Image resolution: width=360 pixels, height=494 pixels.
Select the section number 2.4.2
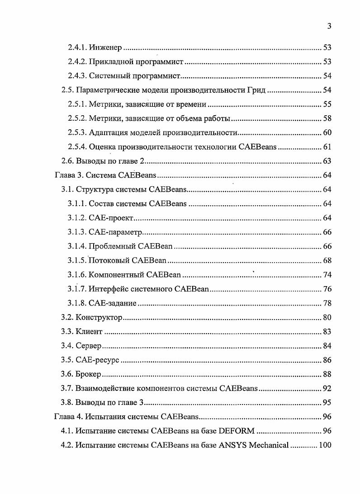pos(77,61)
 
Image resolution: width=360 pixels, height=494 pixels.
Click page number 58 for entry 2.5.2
pos(327,118)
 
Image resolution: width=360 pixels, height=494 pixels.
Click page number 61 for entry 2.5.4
pos(327,147)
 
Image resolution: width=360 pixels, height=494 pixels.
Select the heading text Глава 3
pos(67,175)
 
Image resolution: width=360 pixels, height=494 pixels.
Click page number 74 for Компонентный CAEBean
pos(327,275)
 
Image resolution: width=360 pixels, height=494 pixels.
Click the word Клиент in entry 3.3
pos(89,332)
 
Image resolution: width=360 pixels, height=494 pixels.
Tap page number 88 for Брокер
pos(327,374)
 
